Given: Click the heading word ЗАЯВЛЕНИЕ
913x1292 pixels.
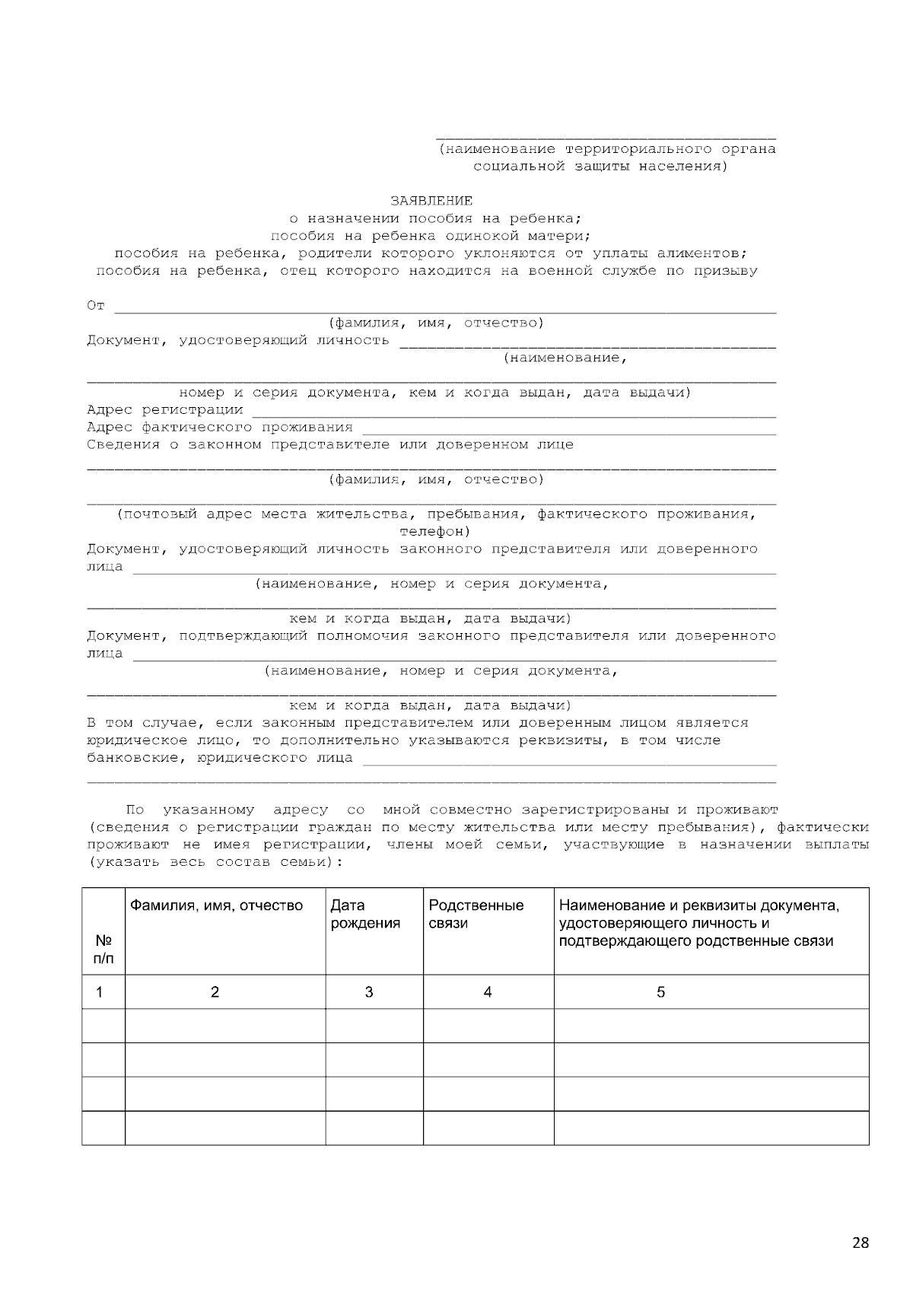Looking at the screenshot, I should [x=431, y=201].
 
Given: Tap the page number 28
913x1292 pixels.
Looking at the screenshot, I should [x=860, y=1243].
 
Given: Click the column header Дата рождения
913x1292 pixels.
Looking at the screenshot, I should [x=365, y=914].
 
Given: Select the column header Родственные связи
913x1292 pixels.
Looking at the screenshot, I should [x=476, y=914].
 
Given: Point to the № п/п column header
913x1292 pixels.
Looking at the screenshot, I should [x=103, y=949].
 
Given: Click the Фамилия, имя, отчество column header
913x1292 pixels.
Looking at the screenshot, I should [x=216, y=905].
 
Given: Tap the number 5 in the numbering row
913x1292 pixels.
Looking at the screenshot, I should [x=660, y=991].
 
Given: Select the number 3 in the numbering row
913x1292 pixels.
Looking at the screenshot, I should [x=369, y=991].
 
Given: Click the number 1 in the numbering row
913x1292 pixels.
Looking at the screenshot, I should [x=99, y=991].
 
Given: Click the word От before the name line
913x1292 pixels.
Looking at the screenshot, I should [x=96, y=306].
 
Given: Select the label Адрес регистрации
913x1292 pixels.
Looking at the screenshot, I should [x=164, y=410].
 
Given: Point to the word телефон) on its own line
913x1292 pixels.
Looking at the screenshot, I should [x=434, y=531].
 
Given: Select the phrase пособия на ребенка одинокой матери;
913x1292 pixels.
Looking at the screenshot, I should [x=431, y=236].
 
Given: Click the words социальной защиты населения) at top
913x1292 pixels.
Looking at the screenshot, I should [x=600, y=166].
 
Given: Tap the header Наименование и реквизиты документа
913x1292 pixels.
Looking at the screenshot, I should [x=698, y=905].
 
